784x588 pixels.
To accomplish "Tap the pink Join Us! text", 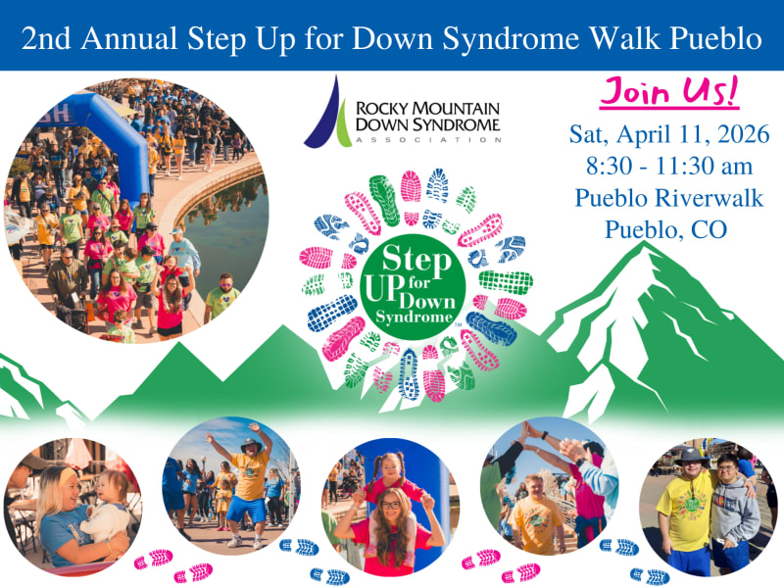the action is [x=669, y=91].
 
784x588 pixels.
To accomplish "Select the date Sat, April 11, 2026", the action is [x=669, y=134].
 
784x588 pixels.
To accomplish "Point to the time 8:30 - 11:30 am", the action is [x=669, y=166].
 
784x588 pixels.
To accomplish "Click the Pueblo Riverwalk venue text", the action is [x=669, y=198].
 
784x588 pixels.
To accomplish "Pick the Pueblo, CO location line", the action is [x=665, y=230].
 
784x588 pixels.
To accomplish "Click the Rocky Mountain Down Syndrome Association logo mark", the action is [x=328, y=113].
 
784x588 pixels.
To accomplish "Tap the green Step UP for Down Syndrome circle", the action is [x=413, y=286].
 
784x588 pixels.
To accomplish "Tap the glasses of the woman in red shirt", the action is [x=390, y=505].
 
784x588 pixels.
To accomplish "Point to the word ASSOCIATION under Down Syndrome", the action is [x=428, y=140].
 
